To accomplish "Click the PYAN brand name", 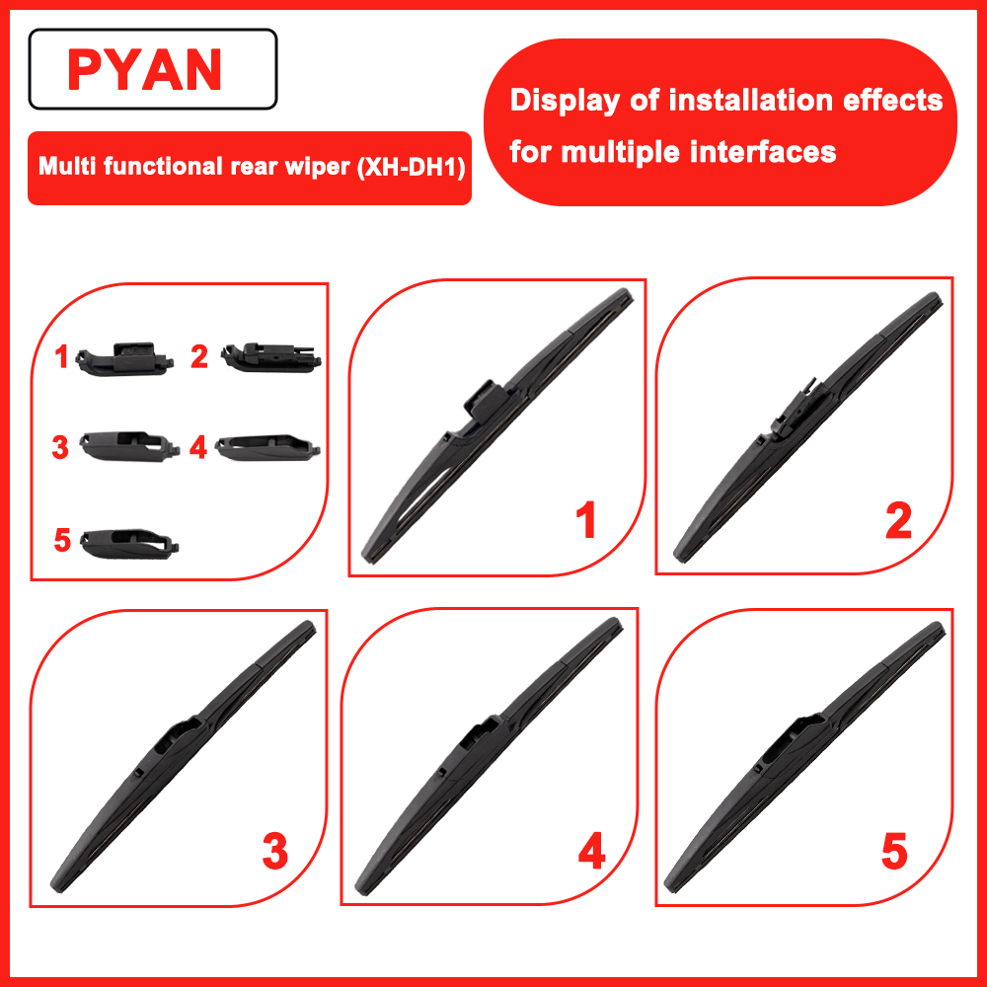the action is pos(144,69).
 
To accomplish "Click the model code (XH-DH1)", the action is pos(411,167).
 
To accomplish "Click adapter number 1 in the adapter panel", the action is pos(124,359).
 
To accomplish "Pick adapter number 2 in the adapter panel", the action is pos(271,357).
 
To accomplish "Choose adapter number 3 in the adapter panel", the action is pos(129,446).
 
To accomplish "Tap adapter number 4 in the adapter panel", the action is pos(267,447).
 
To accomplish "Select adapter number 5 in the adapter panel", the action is pos(129,543).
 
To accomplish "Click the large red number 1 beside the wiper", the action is pos(586,520).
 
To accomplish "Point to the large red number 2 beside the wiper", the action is pos(898,520).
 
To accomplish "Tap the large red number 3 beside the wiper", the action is pos(275,851).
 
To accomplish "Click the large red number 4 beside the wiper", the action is pos(591,851).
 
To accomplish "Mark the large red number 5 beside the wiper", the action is pos(894,851).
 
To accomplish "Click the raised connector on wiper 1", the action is pos(486,400).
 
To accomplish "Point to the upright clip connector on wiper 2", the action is pos(795,408).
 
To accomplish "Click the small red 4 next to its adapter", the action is pos(198,447).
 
